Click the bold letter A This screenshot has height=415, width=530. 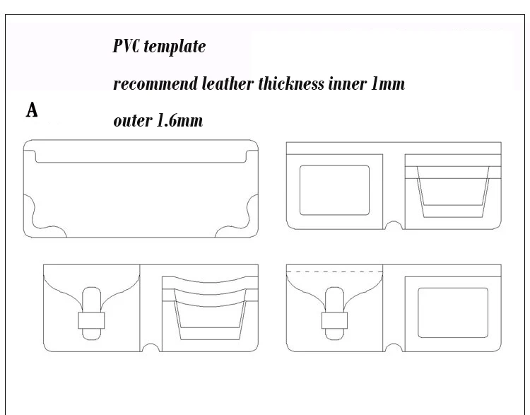tap(32, 110)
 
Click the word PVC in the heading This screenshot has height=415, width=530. tap(126, 46)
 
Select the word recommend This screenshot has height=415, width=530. tap(155, 83)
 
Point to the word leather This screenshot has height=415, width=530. tap(228, 83)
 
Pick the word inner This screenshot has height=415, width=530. tap(348, 84)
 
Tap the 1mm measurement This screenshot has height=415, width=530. tap(388, 84)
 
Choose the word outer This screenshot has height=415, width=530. tap(133, 121)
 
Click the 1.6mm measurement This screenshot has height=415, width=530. tap(179, 120)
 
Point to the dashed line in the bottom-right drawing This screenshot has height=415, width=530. tap(335, 271)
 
